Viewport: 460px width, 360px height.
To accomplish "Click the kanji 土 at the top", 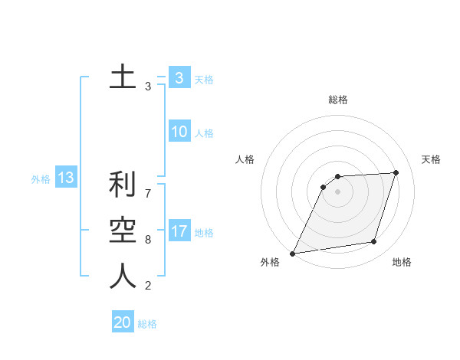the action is (123, 77).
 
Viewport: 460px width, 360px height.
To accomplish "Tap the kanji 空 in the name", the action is (123, 231).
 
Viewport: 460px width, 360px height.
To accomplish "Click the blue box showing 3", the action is (179, 78).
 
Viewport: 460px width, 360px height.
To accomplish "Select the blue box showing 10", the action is (179, 132).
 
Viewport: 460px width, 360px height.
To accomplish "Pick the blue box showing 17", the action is (179, 231).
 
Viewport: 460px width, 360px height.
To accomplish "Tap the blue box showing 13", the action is (65, 178).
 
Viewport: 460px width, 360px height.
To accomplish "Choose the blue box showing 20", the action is (123, 322).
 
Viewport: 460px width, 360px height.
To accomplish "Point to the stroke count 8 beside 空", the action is (148, 240).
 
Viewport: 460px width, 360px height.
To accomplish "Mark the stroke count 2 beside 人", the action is (148, 286).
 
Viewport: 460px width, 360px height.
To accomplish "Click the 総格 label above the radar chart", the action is (338, 100).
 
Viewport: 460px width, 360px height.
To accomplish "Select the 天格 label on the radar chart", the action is (431, 159).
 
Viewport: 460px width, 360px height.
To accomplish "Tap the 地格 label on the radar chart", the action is (402, 263).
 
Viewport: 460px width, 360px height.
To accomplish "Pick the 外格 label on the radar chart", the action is (270, 263).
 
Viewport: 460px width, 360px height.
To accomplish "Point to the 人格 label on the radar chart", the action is (245, 159).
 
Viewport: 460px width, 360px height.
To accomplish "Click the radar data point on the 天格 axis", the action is (396, 172).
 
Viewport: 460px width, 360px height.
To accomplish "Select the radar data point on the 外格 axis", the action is (292, 254).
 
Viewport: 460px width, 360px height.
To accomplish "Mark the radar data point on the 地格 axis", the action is (374, 242).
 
